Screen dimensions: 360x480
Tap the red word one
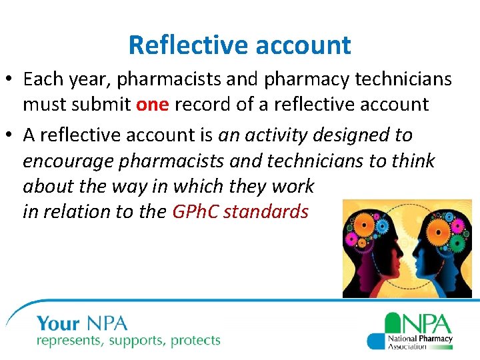[153, 105]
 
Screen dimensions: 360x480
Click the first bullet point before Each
[12, 79]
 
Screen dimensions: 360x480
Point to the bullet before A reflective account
[12, 135]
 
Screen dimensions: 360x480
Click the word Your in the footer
[59, 325]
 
